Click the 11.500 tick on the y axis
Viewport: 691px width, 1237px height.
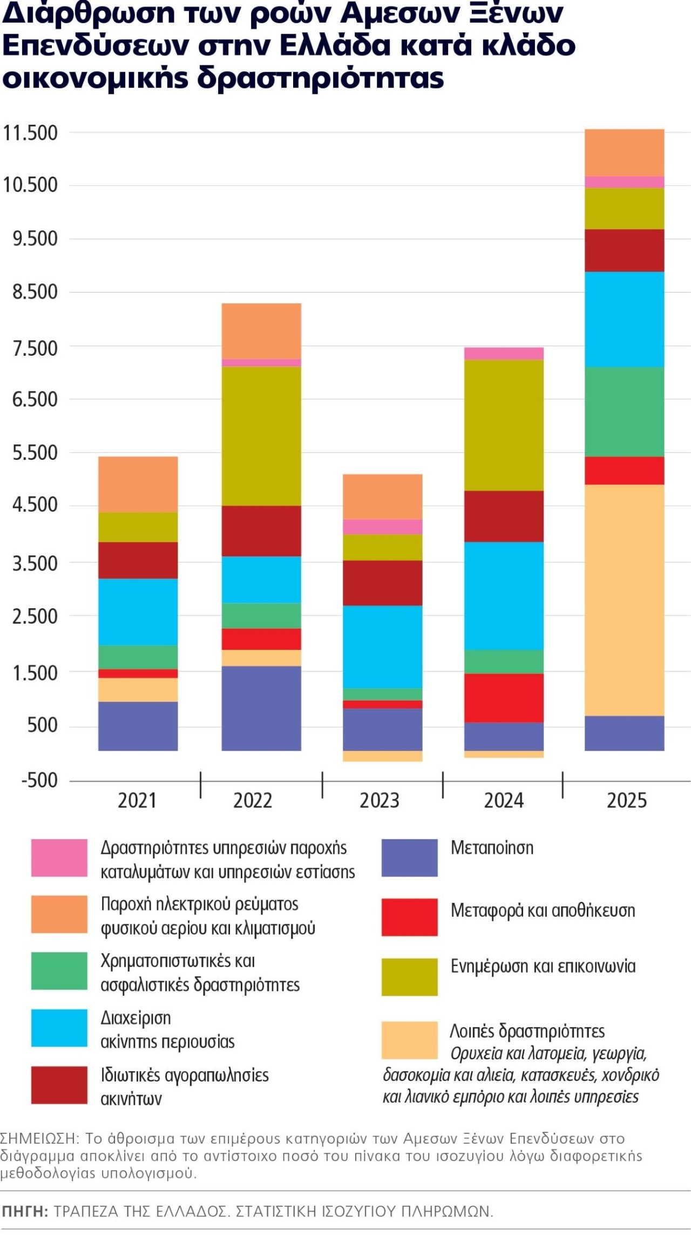30,133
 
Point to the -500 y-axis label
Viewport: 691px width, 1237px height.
39,780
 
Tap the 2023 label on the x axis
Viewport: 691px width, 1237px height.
380,800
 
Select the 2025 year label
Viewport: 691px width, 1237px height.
626,800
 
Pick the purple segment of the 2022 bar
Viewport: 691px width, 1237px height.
261,708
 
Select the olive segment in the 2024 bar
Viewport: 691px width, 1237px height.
504,425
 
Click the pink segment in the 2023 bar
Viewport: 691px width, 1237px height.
383,526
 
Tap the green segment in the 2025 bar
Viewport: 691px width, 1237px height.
624,411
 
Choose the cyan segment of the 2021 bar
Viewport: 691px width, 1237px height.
138,611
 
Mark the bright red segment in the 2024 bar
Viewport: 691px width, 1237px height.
504,697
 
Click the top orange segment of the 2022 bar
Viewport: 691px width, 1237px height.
261,331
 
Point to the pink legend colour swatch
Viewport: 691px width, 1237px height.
59,858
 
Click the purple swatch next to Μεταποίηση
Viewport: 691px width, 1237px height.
409,858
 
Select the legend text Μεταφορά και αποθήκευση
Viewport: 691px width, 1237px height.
543,910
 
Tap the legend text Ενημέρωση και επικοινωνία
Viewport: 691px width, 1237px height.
543,966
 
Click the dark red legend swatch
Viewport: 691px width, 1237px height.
59,1085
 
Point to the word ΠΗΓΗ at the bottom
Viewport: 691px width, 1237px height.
24,1212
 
